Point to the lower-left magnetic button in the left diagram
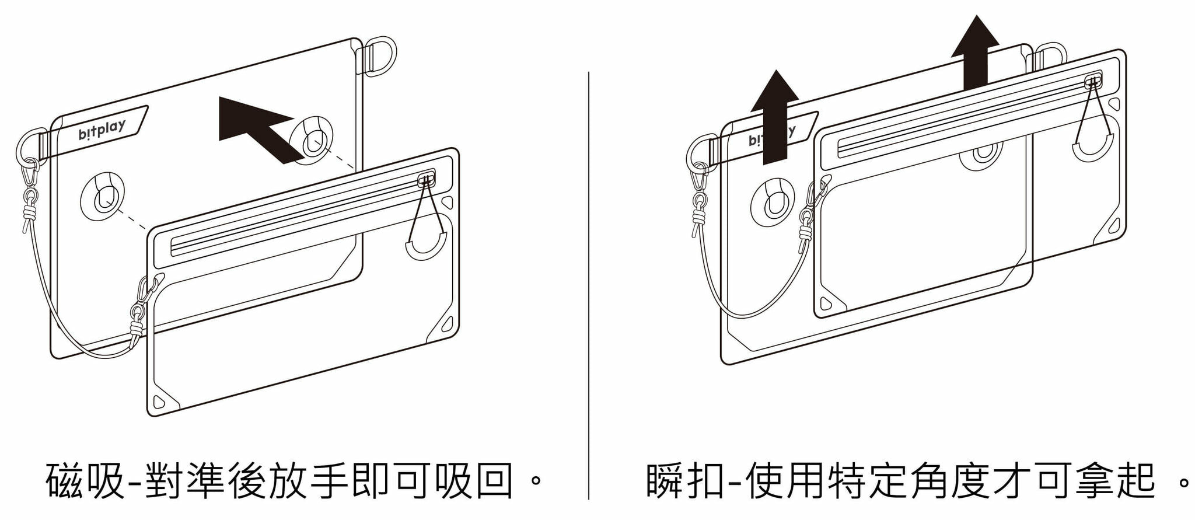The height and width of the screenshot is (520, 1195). [104, 196]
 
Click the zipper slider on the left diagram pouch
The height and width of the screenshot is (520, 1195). [427, 180]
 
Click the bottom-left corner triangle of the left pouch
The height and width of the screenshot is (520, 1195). [159, 402]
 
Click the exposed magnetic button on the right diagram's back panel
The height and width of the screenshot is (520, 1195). [773, 202]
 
